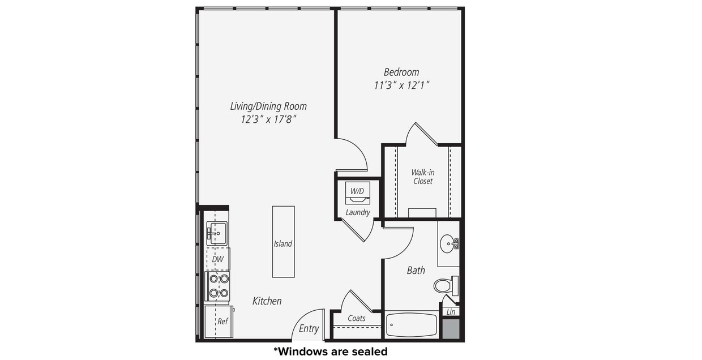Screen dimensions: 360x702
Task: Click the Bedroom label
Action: [401, 72]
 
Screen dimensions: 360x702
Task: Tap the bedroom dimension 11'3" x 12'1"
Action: [401, 85]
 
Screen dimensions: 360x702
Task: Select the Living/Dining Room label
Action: [268, 106]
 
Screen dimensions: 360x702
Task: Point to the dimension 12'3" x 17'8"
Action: [268, 119]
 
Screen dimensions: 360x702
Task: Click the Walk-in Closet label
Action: [422, 177]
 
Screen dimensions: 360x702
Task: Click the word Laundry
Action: [358, 213]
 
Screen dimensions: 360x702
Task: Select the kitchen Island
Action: [283, 242]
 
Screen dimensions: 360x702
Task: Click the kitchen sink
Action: [216, 233]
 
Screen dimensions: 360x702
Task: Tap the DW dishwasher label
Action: [218, 259]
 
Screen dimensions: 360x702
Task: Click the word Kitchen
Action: [267, 301]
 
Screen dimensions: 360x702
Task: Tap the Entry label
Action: [309, 329]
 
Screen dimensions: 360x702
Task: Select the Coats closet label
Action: [357, 319]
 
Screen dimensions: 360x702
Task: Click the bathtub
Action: [412, 325]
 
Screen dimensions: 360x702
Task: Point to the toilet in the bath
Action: [444, 285]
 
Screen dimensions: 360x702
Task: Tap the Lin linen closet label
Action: [451, 312]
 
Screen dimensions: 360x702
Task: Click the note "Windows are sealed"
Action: [331, 352]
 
